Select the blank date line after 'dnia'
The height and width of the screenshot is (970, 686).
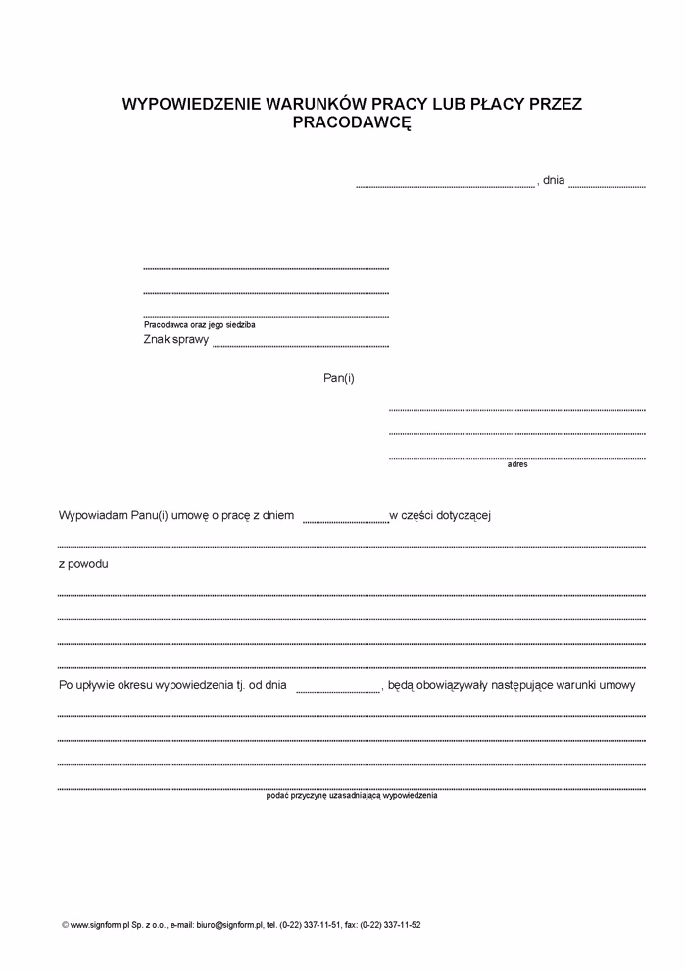[x=607, y=184]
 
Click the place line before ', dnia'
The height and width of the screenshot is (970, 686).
[x=445, y=184]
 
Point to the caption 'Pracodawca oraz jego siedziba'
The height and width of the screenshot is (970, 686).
[x=199, y=325]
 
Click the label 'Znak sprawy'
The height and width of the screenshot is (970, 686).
[x=176, y=340]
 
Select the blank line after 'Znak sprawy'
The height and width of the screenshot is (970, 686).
[x=300, y=344]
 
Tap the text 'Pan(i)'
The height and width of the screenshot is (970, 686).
[x=339, y=378]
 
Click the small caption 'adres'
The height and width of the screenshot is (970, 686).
[x=517, y=464]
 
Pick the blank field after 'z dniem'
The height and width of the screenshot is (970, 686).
[x=346, y=519]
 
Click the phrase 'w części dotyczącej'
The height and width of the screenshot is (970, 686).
[x=439, y=515]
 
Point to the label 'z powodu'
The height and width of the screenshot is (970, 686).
[x=83, y=565]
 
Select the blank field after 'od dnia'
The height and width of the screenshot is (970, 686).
[x=338, y=690]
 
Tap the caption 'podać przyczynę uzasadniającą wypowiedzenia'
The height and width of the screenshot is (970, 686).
[x=352, y=796]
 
